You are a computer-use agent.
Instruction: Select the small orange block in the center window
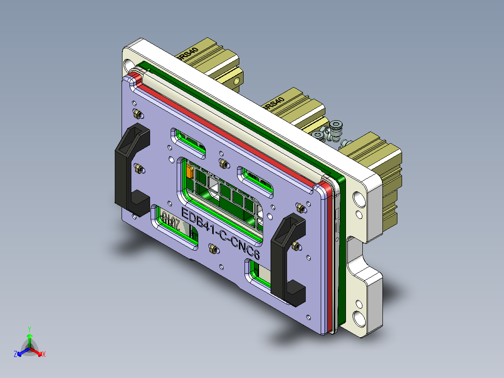click(190, 172)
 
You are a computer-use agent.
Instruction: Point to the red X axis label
click(44, 355)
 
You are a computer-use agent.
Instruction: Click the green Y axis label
click(29, 329)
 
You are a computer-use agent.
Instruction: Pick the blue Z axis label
click(15, 355)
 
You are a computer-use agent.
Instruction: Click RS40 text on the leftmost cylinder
click(187, 53)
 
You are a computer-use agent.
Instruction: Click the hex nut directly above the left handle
click(136, 113)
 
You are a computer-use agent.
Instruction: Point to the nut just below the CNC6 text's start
click(213, 249)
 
